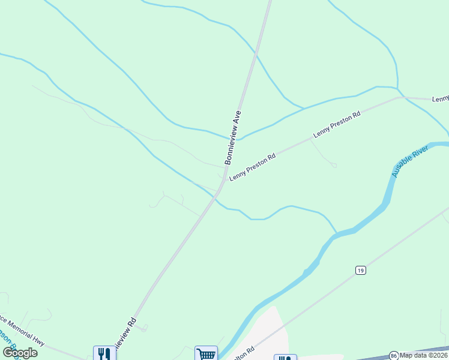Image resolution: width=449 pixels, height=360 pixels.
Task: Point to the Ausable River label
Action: [410, 160]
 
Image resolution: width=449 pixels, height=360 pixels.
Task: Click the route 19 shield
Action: [360, 271]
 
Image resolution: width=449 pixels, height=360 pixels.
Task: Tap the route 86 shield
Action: [394, 355]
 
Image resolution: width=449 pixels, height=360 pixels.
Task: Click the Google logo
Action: [20, 352]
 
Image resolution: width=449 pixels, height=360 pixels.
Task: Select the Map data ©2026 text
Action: [424, 355]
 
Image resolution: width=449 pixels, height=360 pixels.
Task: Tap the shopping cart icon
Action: [206, 353]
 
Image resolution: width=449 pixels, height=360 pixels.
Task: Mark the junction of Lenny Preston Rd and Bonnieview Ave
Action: [225, 178]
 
